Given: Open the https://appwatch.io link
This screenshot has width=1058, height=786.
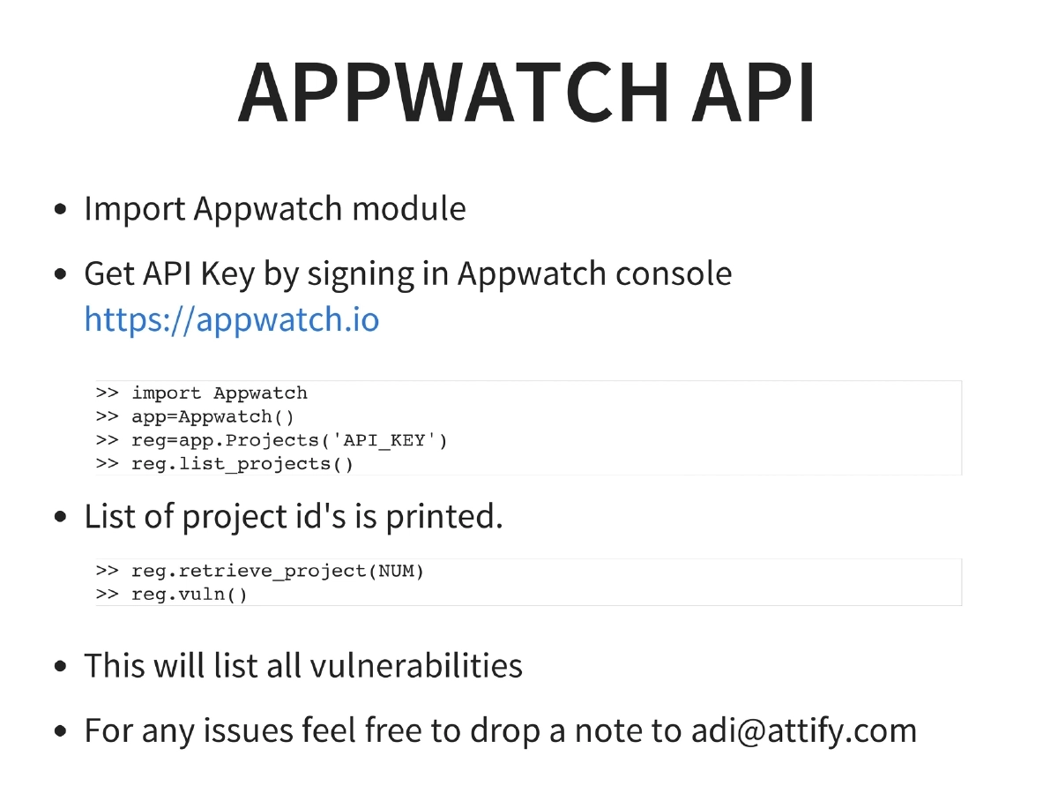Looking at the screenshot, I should pos(232,319).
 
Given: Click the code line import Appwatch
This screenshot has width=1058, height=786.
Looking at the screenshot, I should pos(220,393).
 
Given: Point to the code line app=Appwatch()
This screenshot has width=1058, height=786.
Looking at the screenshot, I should pos(212,416).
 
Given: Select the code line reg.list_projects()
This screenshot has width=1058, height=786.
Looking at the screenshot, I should pos(242,464).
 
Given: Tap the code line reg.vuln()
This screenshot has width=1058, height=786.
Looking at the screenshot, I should pos(190,595).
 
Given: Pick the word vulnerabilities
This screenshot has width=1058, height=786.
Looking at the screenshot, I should pos(414,665).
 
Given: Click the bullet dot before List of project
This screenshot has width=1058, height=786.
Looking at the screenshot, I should pos(60,518).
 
